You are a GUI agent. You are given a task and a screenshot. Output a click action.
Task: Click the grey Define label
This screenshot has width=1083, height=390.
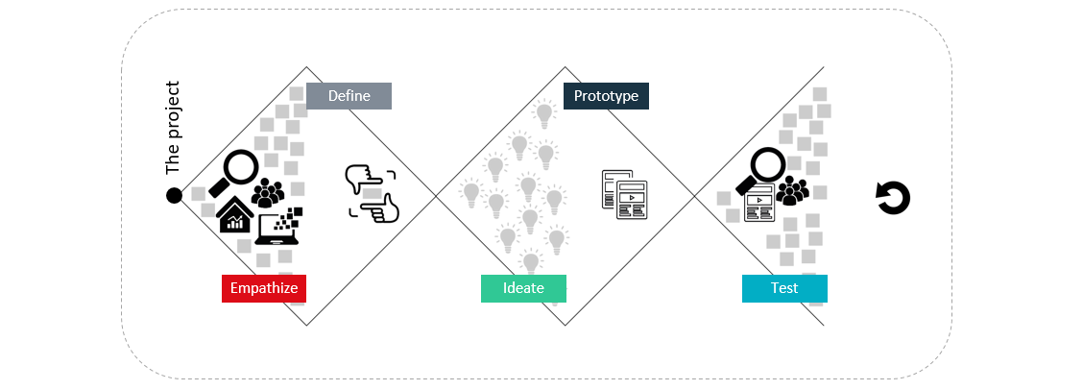coord(349,96)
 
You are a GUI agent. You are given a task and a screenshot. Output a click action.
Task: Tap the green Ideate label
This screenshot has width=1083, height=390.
coord(523,288)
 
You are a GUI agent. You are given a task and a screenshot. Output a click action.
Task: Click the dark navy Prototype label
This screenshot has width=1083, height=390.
coord(606,96)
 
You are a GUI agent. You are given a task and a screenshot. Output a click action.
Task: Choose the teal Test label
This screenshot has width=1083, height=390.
coord(784,288)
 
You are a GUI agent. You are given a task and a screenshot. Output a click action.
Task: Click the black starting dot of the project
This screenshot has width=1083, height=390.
coord(174,196)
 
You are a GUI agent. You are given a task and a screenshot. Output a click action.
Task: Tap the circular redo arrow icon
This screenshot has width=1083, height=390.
coord(893,198)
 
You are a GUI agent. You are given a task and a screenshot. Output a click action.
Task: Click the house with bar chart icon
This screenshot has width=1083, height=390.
coord(235,216)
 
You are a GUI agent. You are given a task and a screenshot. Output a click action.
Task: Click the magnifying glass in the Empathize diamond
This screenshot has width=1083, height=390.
coord(234,171)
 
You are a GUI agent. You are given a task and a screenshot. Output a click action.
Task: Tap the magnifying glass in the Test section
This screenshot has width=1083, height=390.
coord(762,170)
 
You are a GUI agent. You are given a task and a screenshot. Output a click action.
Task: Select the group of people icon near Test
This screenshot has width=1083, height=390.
coord(792,191)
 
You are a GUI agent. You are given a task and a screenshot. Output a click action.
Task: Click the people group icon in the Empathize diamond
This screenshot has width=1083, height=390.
coord(267,192)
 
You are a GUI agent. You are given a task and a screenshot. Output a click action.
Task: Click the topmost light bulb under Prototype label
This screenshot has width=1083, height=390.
coord(544,114)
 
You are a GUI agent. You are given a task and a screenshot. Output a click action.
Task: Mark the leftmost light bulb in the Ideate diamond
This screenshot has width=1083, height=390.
coord(471,192)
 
